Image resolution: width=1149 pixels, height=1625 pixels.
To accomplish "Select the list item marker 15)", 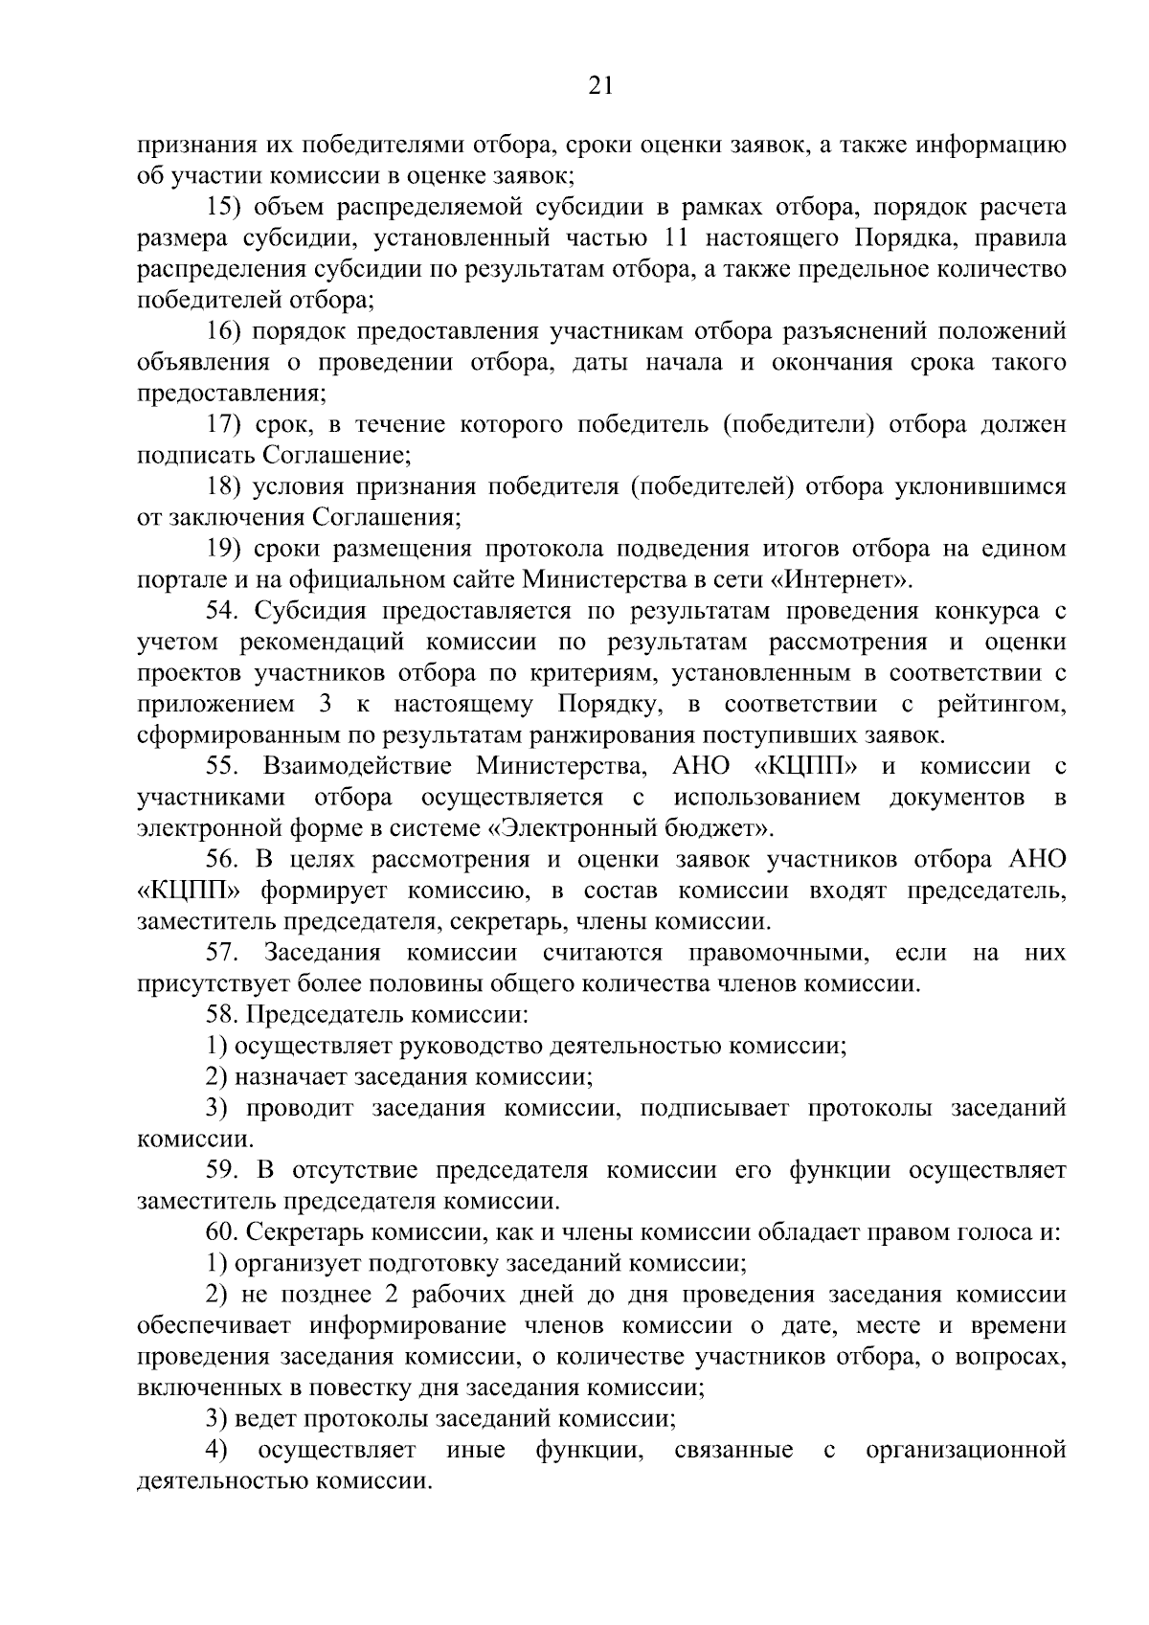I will (226, 207).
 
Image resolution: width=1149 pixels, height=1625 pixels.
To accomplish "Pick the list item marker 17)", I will (226, 424).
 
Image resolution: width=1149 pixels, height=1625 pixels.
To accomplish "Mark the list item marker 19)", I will (226, 549).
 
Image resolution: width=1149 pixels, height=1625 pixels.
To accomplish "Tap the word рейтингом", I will (1002, 704).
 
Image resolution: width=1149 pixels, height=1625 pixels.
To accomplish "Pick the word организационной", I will (965, 1450).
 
